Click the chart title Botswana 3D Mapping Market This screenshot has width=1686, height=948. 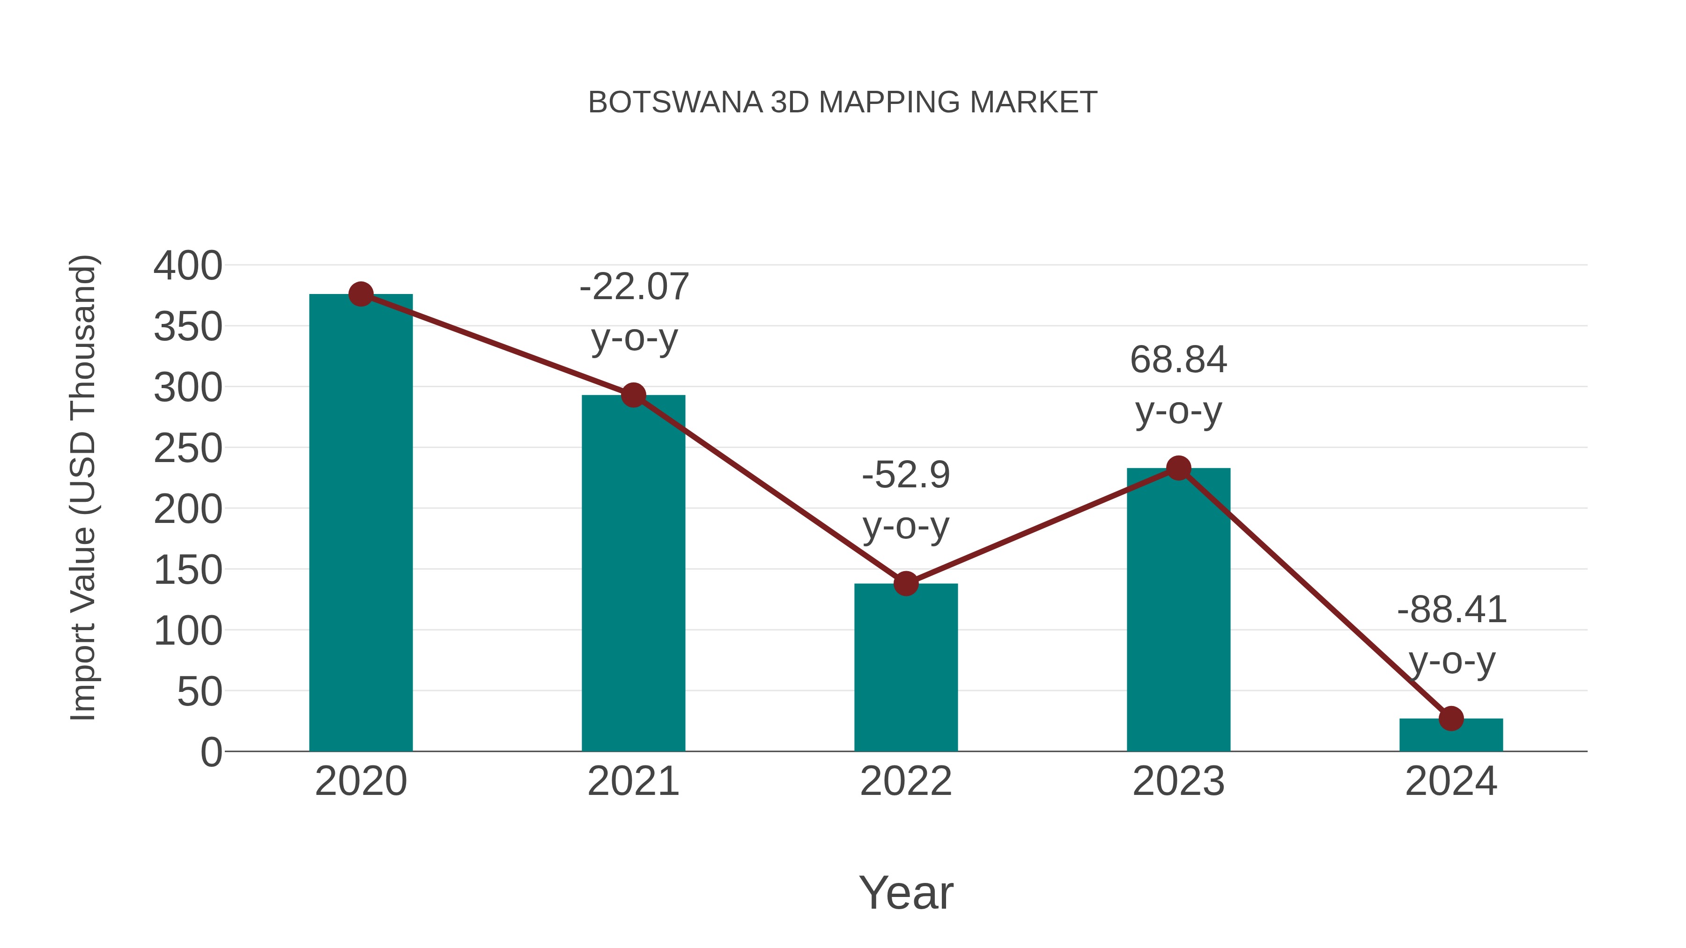843,103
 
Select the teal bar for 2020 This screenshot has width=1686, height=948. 361,523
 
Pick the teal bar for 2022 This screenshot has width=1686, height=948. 906,667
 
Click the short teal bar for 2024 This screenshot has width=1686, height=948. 1451,735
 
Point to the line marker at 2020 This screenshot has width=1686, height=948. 361,294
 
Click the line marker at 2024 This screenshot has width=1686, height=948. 1451,718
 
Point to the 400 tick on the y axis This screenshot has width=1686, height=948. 188,266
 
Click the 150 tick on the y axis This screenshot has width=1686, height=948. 188,571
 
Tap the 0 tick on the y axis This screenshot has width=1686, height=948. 211,752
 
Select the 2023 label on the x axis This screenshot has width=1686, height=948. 1178,781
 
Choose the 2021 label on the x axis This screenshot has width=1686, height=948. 633,781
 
